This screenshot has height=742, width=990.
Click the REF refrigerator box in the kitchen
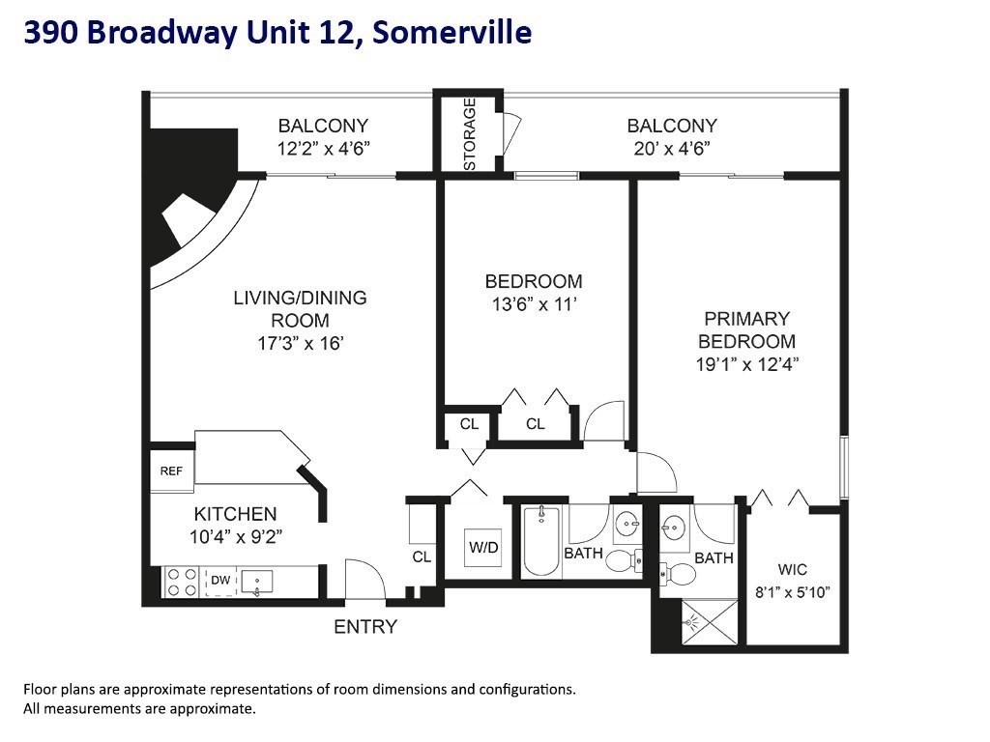[x=171, y=471]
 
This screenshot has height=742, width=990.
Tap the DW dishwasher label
[x=220, y=580]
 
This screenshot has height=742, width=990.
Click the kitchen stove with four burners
[x=180, y=582]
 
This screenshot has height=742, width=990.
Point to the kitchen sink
[x=258, y=581]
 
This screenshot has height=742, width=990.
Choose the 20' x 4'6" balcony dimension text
[x=672, y=148]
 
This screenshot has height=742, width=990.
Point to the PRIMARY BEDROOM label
[x=746, y=329]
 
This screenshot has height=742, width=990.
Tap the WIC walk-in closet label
[x=793, y=569]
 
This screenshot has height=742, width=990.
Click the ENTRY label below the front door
[x=365, y=627]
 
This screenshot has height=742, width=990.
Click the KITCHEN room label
[x=235, y=514]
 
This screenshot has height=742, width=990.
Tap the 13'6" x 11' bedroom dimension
[x=534, y=304]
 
